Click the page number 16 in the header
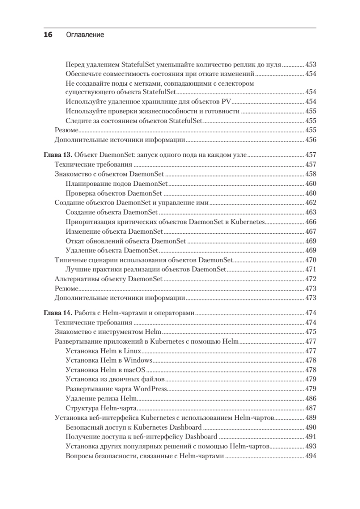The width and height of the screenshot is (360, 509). [x=47, y=35]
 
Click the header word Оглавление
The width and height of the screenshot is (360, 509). [x=85, y=35]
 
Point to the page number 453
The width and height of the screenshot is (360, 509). [x=311, y=65]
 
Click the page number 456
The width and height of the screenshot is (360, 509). [x=311, y=140]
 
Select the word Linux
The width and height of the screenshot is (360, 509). [x=132, y=351]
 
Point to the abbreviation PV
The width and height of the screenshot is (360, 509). [x=226, y=102]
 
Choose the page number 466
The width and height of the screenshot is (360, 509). [x=311, y=222]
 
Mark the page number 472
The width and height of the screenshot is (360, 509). [x=311, y=279]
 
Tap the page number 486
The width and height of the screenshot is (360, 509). [x=311, y=398]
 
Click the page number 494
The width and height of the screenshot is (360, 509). [x=311, y=456]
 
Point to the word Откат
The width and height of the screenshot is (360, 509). [x=75, y=241]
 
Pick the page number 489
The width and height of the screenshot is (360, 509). [x=311, y=418]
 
